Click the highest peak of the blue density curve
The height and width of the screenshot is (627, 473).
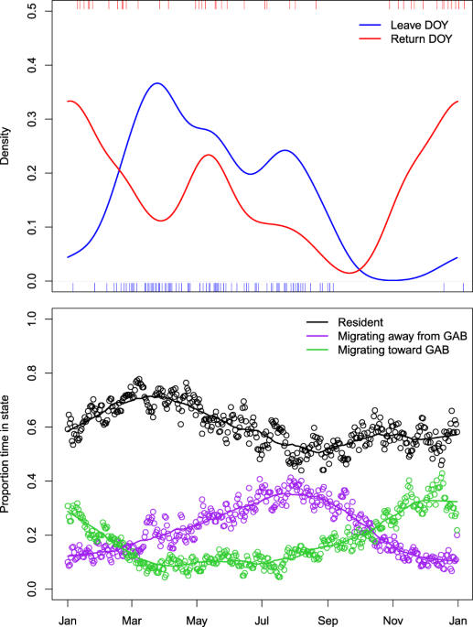pyautogui.click(x=156, y=83)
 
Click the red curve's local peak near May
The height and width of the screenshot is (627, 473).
pyautogui.click(x=209, y=155)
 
